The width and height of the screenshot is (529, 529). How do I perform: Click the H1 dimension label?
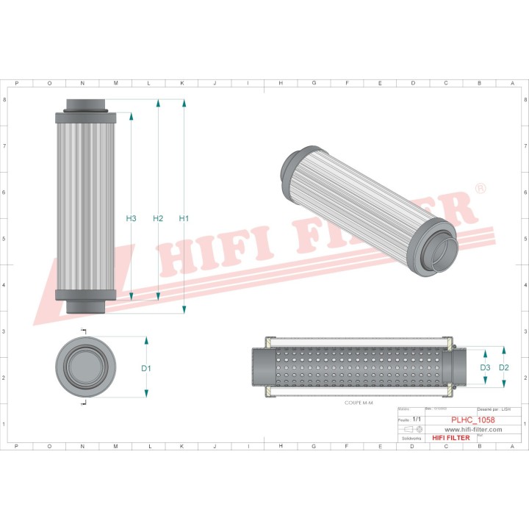[184, 218]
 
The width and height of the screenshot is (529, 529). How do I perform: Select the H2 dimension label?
[158, 218]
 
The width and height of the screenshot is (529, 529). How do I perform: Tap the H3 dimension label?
[131, 218]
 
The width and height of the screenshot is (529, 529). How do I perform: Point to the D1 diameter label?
[145, 368]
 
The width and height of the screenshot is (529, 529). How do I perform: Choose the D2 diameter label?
[503, 367]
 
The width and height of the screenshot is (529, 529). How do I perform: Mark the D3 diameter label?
[485, 367]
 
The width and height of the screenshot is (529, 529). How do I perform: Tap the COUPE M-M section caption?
[360, 403]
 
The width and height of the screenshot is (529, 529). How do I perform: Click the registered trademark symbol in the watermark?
[481, 190]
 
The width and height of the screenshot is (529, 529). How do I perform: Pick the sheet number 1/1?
[417, 419]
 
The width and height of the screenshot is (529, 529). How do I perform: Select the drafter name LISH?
[505, 409]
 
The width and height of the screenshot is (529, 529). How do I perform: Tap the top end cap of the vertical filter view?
[86, 107]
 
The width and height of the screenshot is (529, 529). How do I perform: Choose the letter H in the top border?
[281, 83]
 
